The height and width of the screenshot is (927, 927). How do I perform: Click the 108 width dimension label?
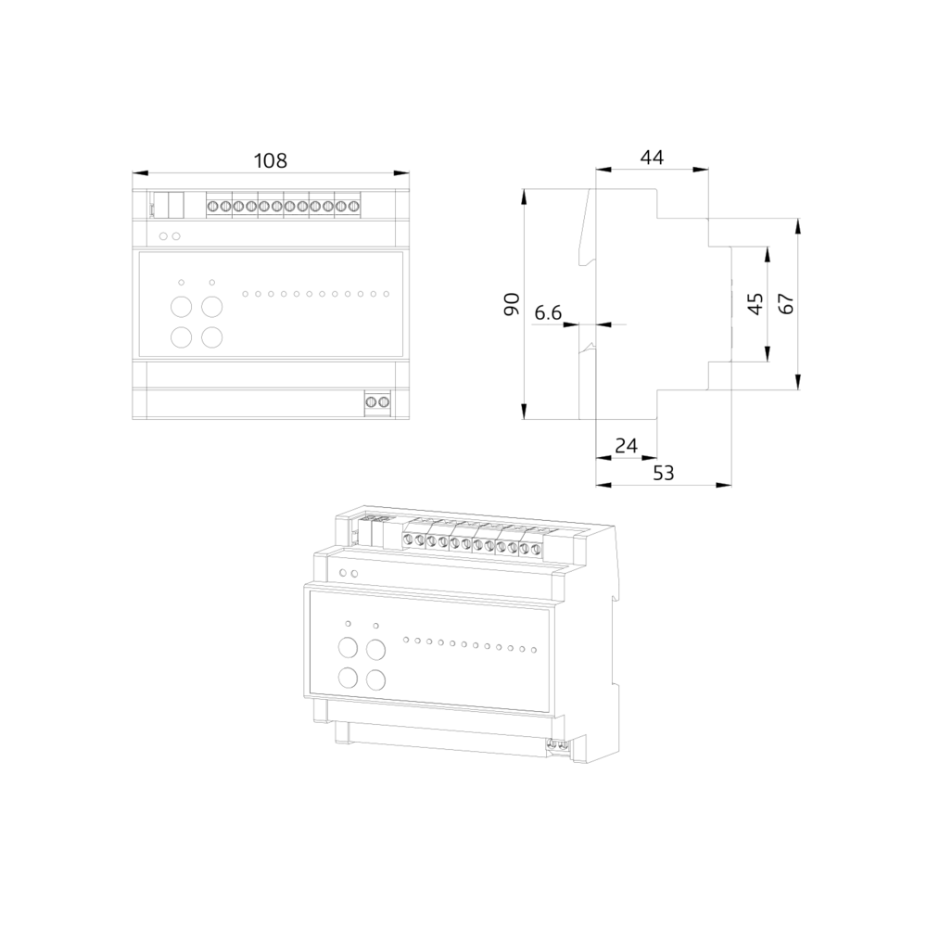(270, 160)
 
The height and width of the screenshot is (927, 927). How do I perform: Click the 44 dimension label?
(652, 158)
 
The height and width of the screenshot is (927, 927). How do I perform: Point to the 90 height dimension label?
(511, 304)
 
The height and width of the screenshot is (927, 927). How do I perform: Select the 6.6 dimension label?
(548, 312)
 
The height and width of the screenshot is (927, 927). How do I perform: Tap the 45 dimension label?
(756, 304)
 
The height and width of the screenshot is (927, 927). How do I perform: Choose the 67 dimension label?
(786, 304)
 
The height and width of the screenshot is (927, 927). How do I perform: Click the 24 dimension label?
(626, 445)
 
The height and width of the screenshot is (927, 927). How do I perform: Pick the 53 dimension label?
(664, 473)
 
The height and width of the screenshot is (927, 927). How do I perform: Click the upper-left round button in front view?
(181, 307)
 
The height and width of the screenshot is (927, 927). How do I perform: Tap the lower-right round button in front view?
(211, 337)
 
